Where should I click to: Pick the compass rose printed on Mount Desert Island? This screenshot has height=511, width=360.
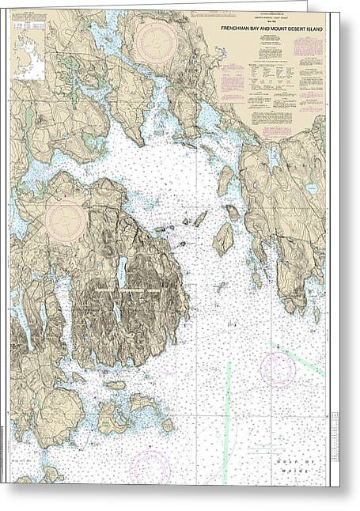pos(66,218)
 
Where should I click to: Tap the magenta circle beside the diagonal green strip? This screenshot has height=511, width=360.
pos(278,368)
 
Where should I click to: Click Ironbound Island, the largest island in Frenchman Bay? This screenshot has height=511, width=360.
pos(224,239)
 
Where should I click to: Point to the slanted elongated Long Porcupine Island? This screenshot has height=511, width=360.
pos(200,218)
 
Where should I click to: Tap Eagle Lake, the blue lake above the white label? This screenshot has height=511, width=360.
pos(122,272)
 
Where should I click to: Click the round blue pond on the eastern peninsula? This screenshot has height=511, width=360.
pos(311,190)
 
